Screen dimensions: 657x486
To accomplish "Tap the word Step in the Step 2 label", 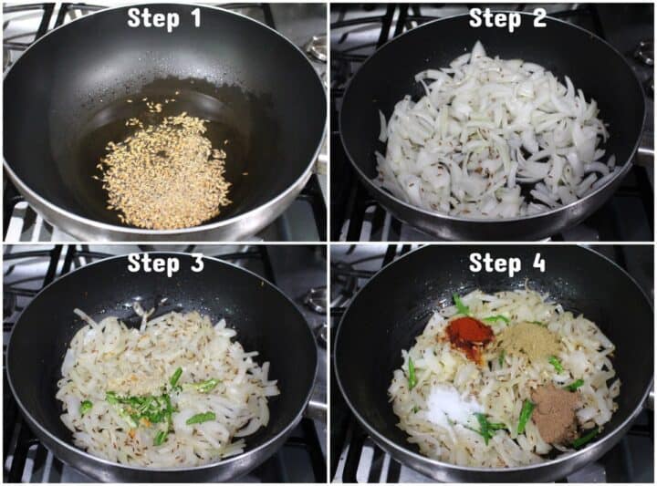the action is pyautogui.click(x=495, y=19).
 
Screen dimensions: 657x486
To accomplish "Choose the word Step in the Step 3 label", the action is pyautogui.click(x=153, y=264).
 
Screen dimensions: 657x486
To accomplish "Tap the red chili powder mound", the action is pyautogui.click(x=470, y=338).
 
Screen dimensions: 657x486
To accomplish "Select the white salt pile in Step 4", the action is pyautogui.click(x=448, y=404).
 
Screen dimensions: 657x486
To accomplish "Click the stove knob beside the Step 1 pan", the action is pyautogui.click(x=318, y=48).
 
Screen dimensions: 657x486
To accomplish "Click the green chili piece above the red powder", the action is pyautogui.click(x=460, y=305).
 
